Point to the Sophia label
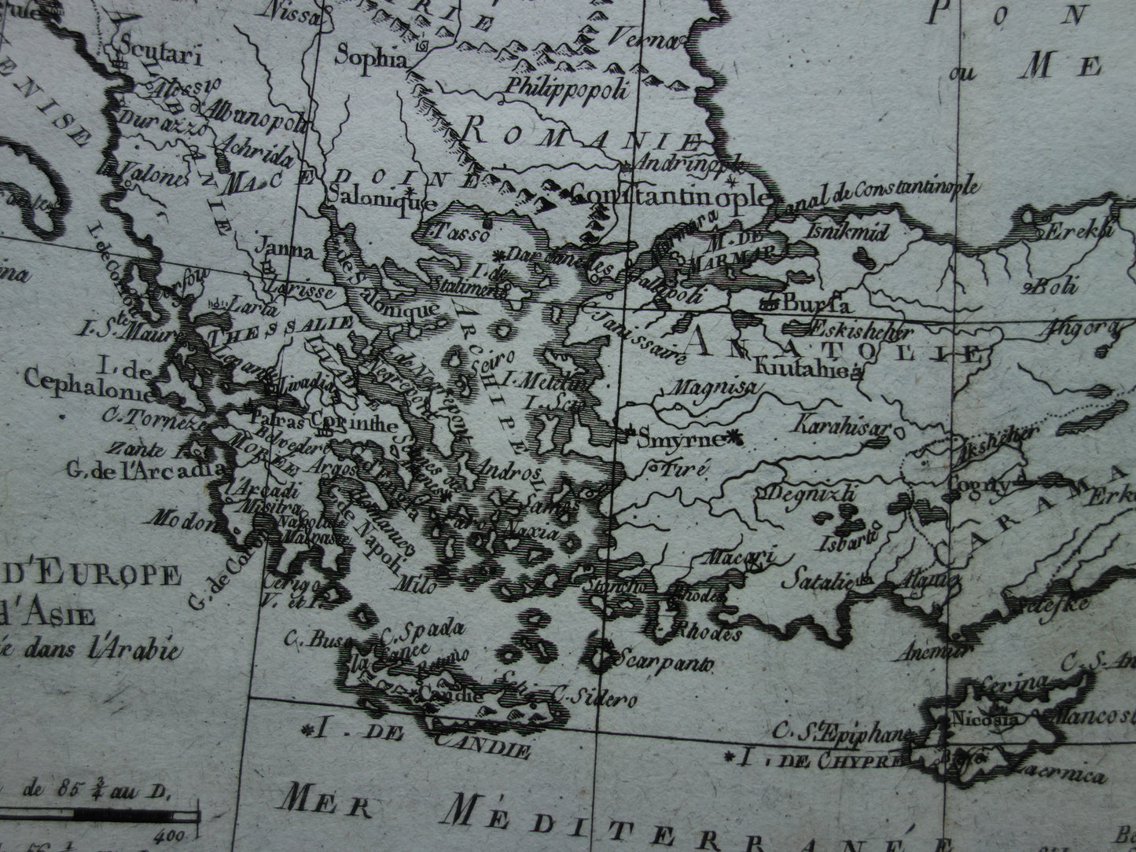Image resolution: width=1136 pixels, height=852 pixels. pos(372,57)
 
